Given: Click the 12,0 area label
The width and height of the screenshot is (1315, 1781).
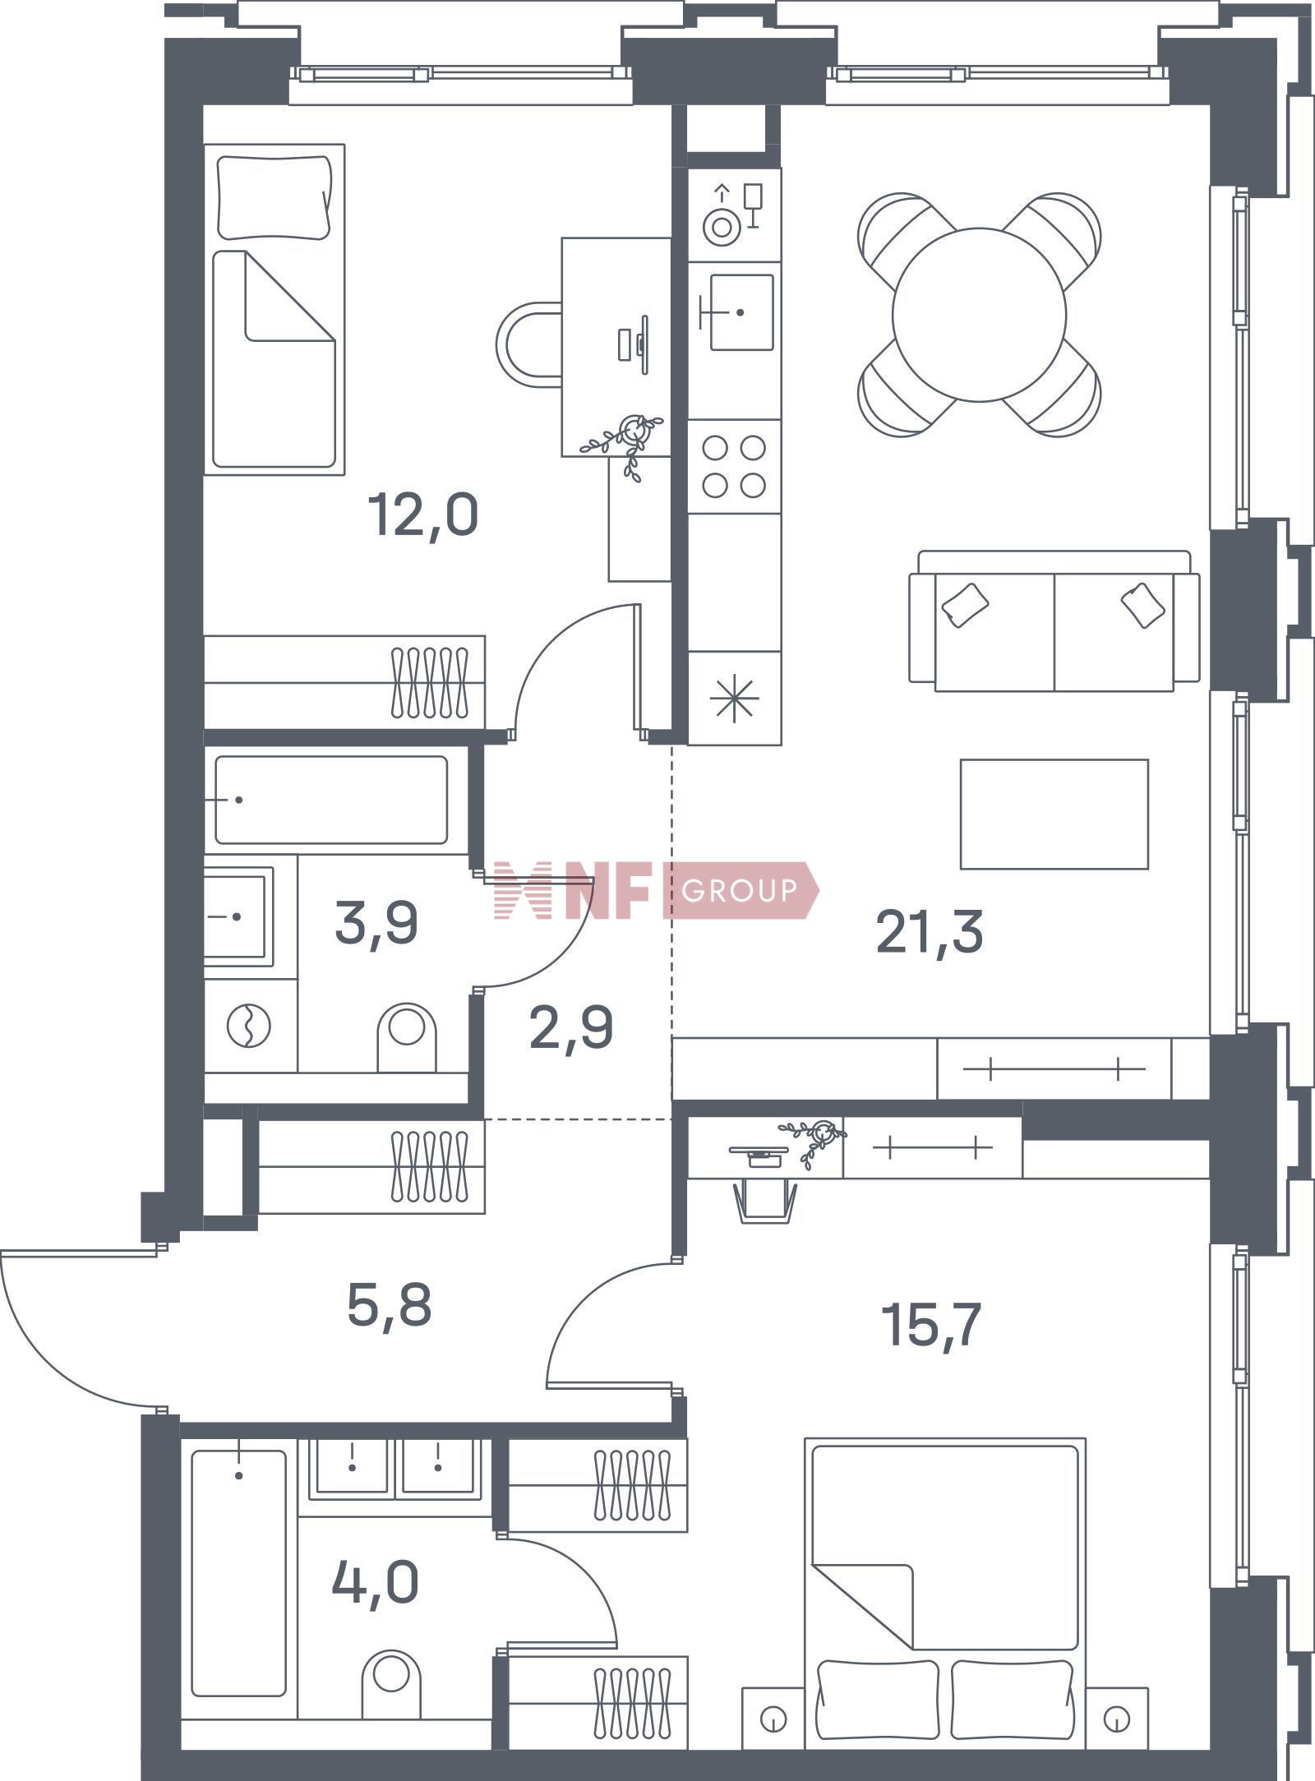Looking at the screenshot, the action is pos(423,515).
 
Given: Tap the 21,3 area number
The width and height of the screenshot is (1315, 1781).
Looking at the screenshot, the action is pos(929,932).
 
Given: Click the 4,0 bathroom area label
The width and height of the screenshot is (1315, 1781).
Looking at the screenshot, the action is pos(375,1583).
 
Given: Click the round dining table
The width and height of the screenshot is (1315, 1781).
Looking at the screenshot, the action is pos(979,314).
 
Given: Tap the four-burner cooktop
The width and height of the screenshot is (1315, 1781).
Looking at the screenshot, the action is pos(734,467).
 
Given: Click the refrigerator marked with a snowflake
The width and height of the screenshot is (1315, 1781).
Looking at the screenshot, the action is pos(734,698).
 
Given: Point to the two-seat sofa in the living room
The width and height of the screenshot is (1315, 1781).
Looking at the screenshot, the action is pos(1054,621).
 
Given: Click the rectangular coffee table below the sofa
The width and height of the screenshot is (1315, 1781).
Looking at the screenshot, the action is pos(1054,814).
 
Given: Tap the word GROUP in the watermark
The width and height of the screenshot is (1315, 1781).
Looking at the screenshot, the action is pos(740,890).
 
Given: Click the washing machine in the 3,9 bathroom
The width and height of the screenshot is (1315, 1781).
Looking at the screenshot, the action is pos(250,1026).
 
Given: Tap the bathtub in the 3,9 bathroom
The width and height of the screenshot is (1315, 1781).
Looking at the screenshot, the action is pos(331,800).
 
